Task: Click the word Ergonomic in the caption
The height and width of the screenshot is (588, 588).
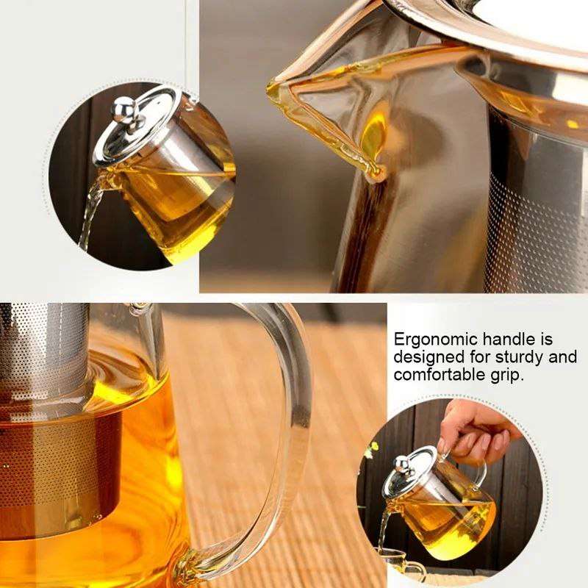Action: pyautogui.click(x=435, y=340)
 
